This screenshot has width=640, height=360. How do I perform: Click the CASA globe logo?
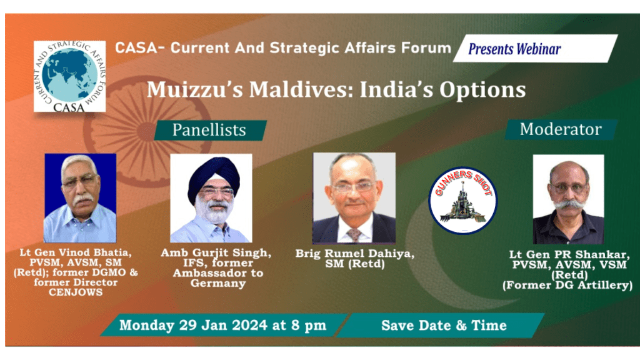(x=70, y=76)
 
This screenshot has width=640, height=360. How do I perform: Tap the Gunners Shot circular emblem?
(x=463, y=201)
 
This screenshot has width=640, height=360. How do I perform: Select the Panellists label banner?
(x=210, y=130)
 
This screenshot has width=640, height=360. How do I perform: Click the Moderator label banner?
(x=561, y=129)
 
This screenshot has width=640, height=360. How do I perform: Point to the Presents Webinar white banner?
(x=535, y=49)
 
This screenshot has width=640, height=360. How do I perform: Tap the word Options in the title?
(x=482, y=90)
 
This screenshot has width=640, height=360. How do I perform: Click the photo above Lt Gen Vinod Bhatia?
(x=80, y=198)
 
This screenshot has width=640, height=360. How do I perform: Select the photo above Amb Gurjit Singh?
(x=211, y=198)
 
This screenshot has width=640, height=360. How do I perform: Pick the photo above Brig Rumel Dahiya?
(x=354, y=198)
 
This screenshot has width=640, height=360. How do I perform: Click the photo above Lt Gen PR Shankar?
(x=568, y=199)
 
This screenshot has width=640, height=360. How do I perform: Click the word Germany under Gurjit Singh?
(x=218, y=283)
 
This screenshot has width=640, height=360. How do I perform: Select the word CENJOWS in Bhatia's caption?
(x=76, y=292)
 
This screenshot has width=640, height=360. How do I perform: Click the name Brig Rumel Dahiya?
(x=355, y=254)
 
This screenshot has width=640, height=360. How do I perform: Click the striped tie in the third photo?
(x=354, y=234)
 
